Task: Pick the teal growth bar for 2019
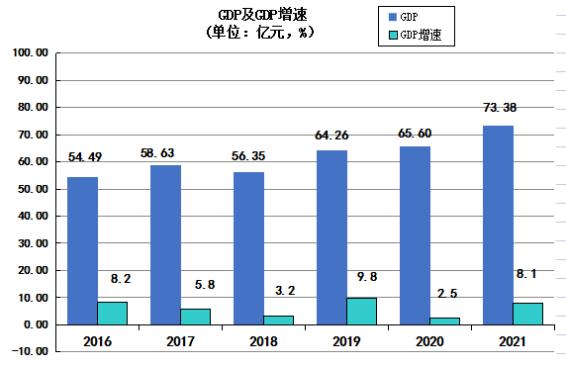[361, 311]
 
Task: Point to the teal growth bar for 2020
[444, 321]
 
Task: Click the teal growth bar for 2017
[195, 316]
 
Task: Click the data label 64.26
[332, 132]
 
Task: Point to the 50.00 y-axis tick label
[33, 189]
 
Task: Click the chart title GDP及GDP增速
[257, 15]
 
